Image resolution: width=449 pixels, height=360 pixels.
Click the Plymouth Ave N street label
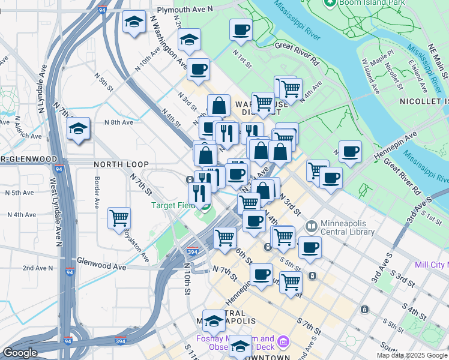pos(185,10)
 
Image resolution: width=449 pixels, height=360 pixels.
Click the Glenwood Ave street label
pos(102,266)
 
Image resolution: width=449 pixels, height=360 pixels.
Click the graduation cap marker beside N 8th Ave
pos(78,128)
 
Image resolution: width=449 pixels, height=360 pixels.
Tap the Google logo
pos(20,353)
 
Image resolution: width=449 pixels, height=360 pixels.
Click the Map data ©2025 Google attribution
pos(411,355)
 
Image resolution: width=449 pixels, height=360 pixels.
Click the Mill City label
pos(432,264)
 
